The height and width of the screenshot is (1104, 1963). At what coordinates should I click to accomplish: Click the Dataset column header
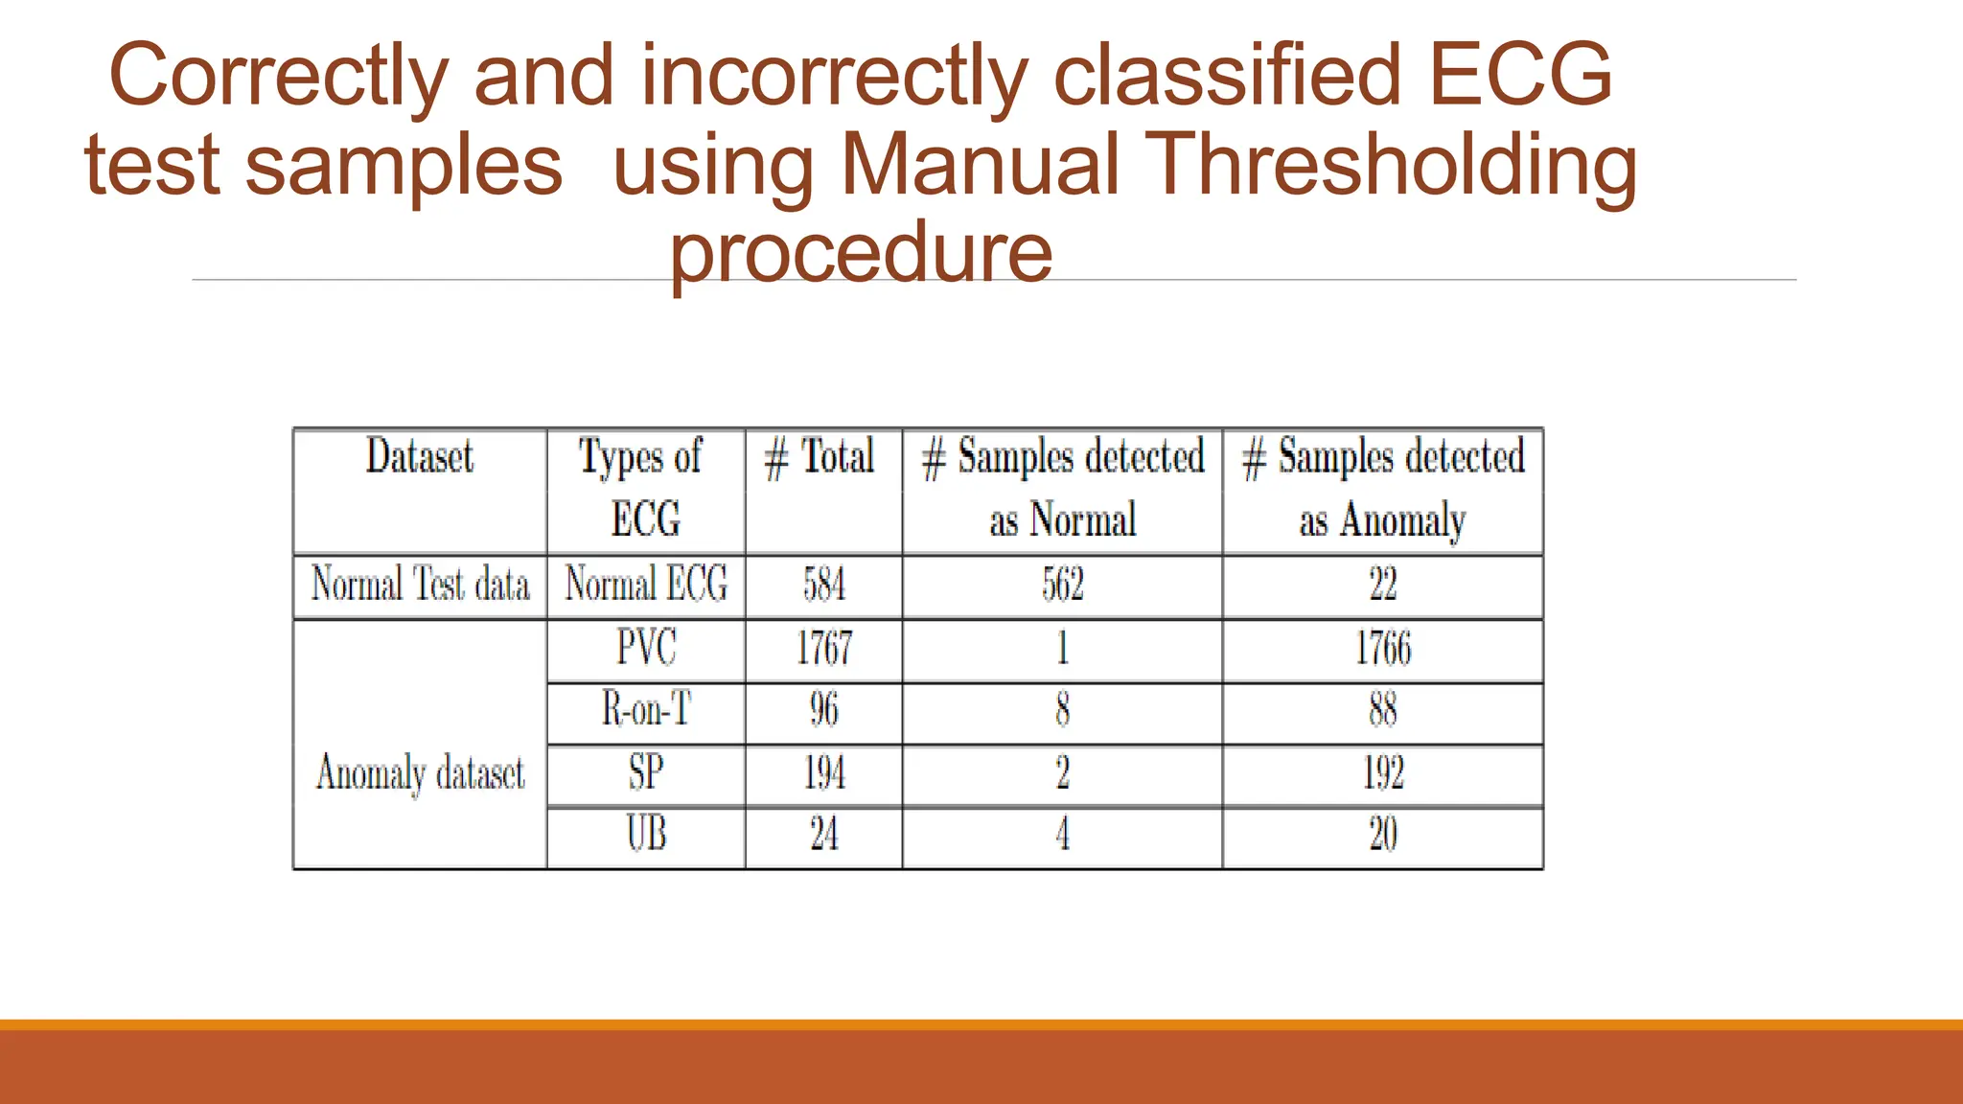point(420,456)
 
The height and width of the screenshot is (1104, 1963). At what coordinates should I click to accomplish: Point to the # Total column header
point(820,456)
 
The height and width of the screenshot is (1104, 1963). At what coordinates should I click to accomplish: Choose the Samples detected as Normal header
point(1063,488)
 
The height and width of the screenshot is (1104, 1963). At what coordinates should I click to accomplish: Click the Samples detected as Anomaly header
point(1383,488)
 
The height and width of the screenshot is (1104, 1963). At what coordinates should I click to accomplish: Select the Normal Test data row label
point(420,584)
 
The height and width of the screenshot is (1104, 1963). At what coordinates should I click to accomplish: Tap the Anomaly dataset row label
point(420,772)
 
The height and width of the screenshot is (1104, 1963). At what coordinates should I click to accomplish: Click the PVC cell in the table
point(646,647)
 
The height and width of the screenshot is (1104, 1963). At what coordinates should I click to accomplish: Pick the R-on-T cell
point(646,709)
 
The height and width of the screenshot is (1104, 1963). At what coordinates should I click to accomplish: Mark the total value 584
point(823,585)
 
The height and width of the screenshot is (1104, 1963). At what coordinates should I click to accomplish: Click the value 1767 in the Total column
point(823,648)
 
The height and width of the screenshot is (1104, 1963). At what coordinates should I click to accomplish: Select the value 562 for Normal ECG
point(1063,585)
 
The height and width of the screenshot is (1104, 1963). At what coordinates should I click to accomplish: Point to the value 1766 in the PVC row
point(1383,648)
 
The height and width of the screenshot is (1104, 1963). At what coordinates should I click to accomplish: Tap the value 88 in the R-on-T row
point(1383,710)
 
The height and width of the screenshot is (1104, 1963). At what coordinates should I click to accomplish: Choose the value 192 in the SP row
point(1383,772)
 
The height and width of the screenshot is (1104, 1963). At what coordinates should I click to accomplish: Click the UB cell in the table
point(646,834)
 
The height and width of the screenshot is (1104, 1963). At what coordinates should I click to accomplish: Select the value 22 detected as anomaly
point(1383,585)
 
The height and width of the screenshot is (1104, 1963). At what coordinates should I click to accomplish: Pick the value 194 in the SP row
point(823,772)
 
